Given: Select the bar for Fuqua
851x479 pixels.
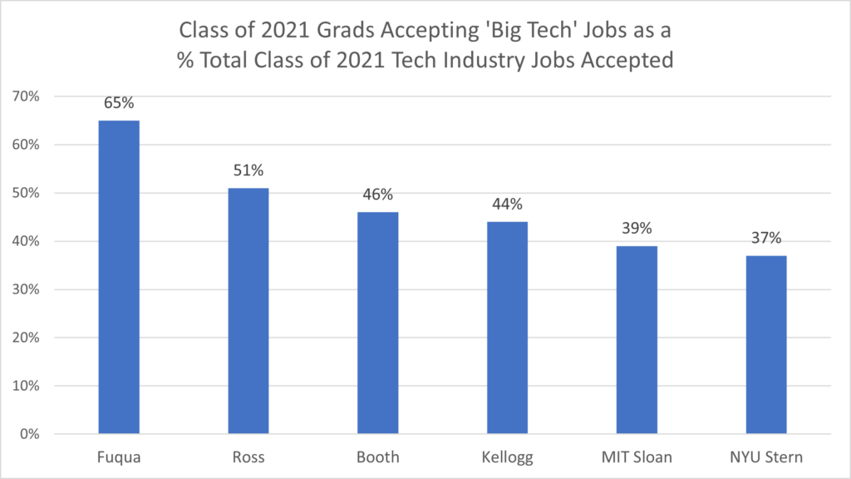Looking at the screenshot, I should (x=119, y=277).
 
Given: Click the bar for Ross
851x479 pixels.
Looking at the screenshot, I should (x=248, y=311).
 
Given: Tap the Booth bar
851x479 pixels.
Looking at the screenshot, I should (x=377, y=323).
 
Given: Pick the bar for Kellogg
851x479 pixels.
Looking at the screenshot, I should (x=507, y=328).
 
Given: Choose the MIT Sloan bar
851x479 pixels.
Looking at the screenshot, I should (x=637, y=340).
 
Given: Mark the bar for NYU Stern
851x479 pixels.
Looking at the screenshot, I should (x=765, y=344).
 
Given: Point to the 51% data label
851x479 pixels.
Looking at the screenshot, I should (x=248, y=171).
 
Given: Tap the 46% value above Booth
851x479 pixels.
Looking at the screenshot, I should (x=377, y=195).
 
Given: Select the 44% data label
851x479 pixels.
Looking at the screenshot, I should (x=507, y=205).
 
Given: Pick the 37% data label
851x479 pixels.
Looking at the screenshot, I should (x=765, y=239).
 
